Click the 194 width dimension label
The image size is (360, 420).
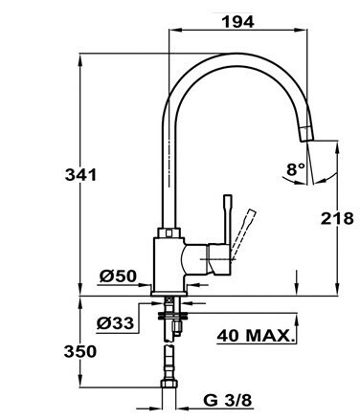(238, 22)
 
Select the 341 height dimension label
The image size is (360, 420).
(80, 175)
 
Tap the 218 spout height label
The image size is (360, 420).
(337, 219)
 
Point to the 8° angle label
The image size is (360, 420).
(296, 169)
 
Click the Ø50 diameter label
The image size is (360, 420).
(118, 276)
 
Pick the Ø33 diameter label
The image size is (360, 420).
(115, 323)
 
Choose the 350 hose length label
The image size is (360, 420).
(80, 352)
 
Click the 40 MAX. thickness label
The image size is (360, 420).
(255, 336)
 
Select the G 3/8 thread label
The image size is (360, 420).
(228, 400)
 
